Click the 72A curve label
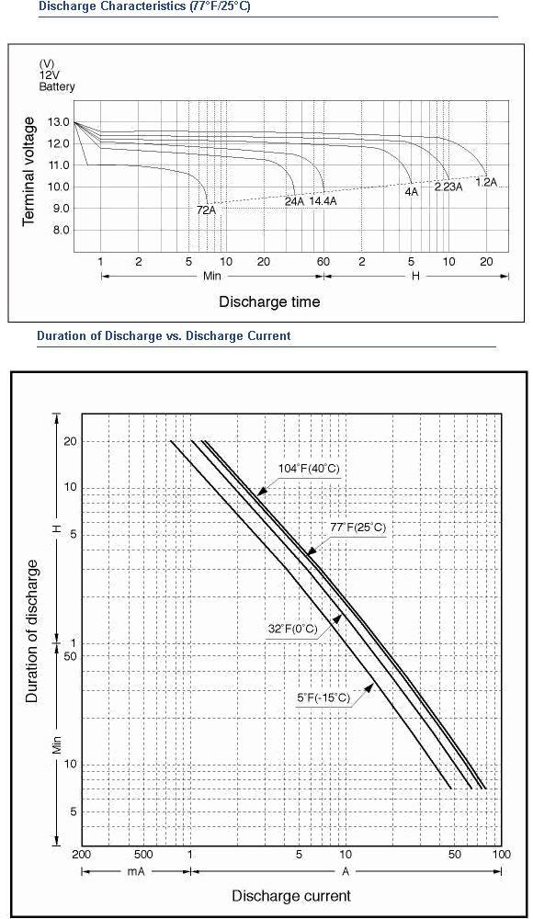pyautogui.click(x=207, y=210)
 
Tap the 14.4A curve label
pyautogui.click(x=323, y=201)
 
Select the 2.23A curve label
pyautogui.click(x=448, y=187)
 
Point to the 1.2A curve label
pyautogui.click(x=486, y=182)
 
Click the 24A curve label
pyautogui.click(x=294, y=201)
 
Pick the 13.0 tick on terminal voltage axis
pyautogui.click(x=62, y=122)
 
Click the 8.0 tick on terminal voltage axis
pyautogui.click(x=62, y=231)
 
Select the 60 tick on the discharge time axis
pyautogui.click(x=323, y=261)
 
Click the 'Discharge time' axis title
pyautogui.click(x=270, y=301)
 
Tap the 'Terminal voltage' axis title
pyautogui.click(x=28, y=171)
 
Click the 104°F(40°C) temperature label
pyautogui.click(x=309, y=469)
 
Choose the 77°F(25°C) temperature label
pyautogui.click(x=357, y=528)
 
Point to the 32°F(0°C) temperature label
pyautogui.click(x=292, y=629)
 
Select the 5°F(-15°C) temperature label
pyautogui.click(x=323, y=698)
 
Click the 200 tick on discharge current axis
pyautogui.click(x=82, y=855)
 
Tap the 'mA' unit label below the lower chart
pyautogui.click(x=136, y=871)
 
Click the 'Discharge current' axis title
pyautogui.click(x=291, y=895)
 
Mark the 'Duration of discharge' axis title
pyautogui.click(x=31, y=631)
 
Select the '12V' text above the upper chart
pyautogui.click(x=50, y=75)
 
